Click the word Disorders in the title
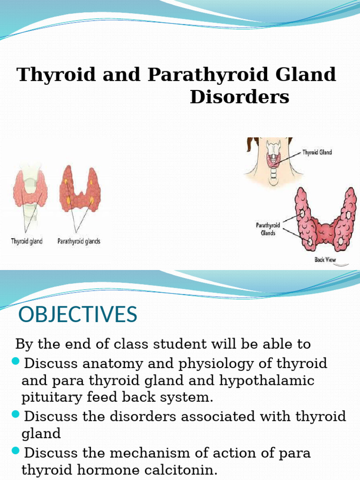(x=240, y=97)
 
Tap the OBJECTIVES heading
(x=78, y=314)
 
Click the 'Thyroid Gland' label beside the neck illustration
(x=317, y=152)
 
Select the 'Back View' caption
(x=325, y=260)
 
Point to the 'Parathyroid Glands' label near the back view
(x=268, y=229)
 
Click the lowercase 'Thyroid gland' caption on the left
(x=27, y=242)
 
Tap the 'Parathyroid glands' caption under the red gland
(x=79, y=242)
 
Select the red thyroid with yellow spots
(x=80, y=190)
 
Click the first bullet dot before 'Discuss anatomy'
(x=15, y=361)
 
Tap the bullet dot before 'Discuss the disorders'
(x=15, y=414)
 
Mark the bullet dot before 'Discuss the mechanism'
(x=15, y=451)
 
